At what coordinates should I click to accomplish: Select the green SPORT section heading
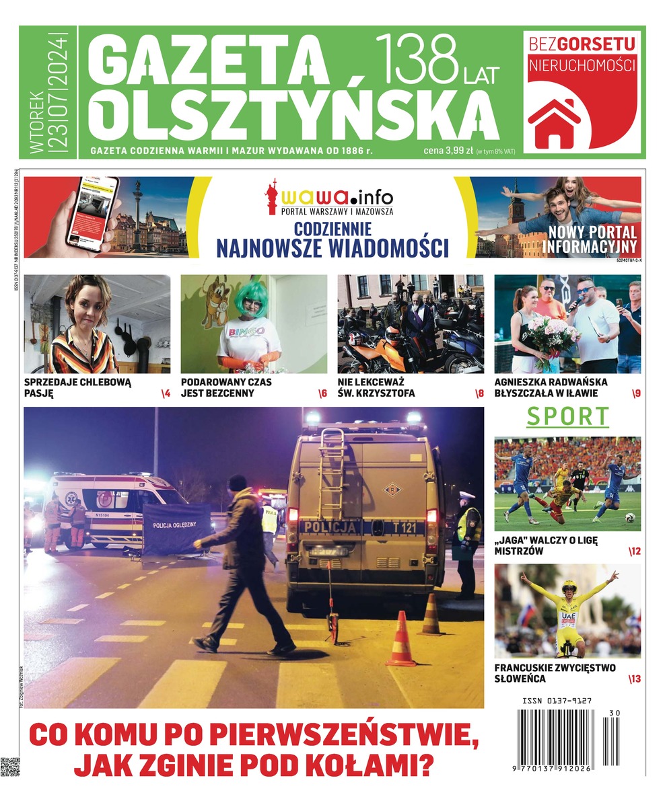click(x=567, y=417)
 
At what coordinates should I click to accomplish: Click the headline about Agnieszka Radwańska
click(x=551, y=387)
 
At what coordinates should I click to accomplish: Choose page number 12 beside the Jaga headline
click(x=634, y=551)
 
